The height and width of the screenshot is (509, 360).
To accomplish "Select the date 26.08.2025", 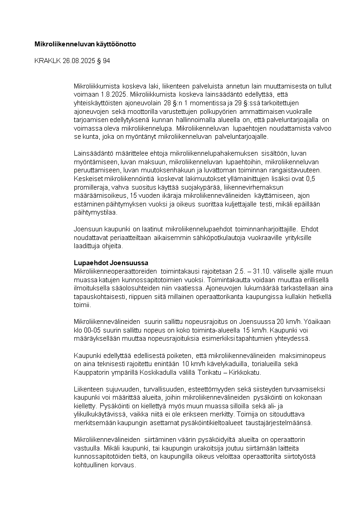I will coord(80,60).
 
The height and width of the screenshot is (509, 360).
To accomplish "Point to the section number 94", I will coord(106,60).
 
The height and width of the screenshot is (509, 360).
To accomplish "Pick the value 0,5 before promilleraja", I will coord(310,179).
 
